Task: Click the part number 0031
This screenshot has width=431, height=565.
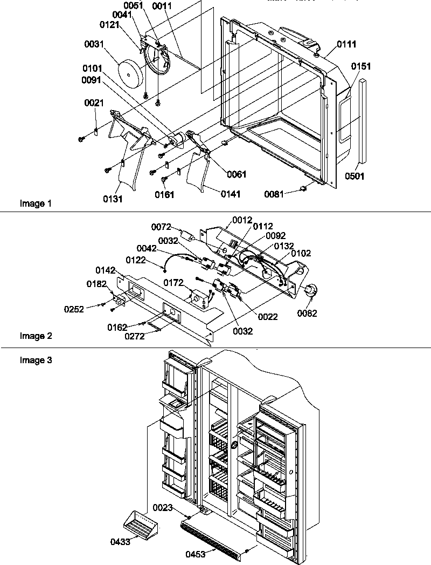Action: tap(95, 45)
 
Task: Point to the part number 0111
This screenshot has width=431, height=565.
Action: tap(346, 44)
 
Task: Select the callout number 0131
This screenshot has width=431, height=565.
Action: tap(114, 199)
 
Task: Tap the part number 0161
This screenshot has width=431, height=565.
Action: tap(165, 195)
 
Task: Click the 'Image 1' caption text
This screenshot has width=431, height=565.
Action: tap(36, 204)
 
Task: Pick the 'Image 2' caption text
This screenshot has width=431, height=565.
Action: tap(36, 336)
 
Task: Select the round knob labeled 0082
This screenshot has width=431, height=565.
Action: tap(310, 291)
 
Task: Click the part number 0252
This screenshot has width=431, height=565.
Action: tap(74, 309)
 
